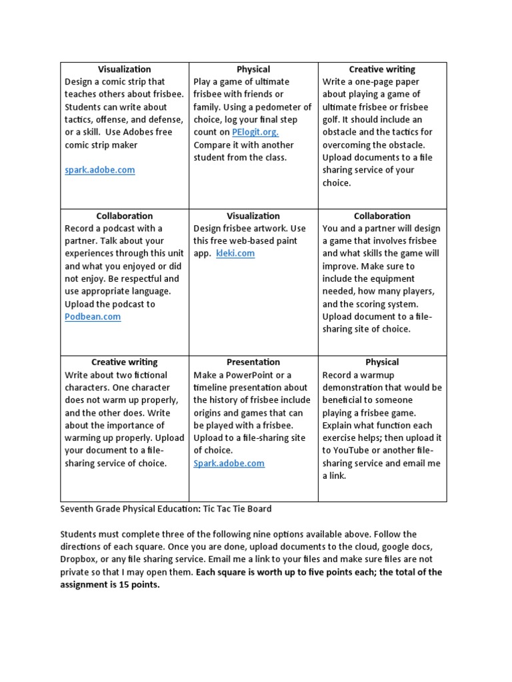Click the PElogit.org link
[255, 132]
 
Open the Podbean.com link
[93, 316]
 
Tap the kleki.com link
[235, 253]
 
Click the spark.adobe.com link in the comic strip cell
[99, 170]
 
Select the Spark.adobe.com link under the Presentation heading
[229, 463]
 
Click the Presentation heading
[253, 362]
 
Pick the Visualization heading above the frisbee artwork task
[253, 215]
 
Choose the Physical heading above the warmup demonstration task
[382, 362]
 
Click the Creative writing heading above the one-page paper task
[382, 69]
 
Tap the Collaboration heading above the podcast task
[124, 215]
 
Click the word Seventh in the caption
[77, 509]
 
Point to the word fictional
[148, 374]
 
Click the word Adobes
[141, 132]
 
